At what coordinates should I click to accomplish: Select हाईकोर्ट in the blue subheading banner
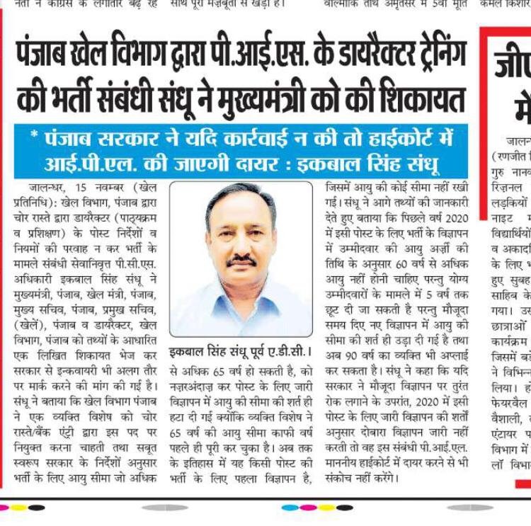coord(394,137)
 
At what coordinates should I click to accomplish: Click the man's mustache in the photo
coord(241,261)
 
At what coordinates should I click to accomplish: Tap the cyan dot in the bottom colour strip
coord(289,507)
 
